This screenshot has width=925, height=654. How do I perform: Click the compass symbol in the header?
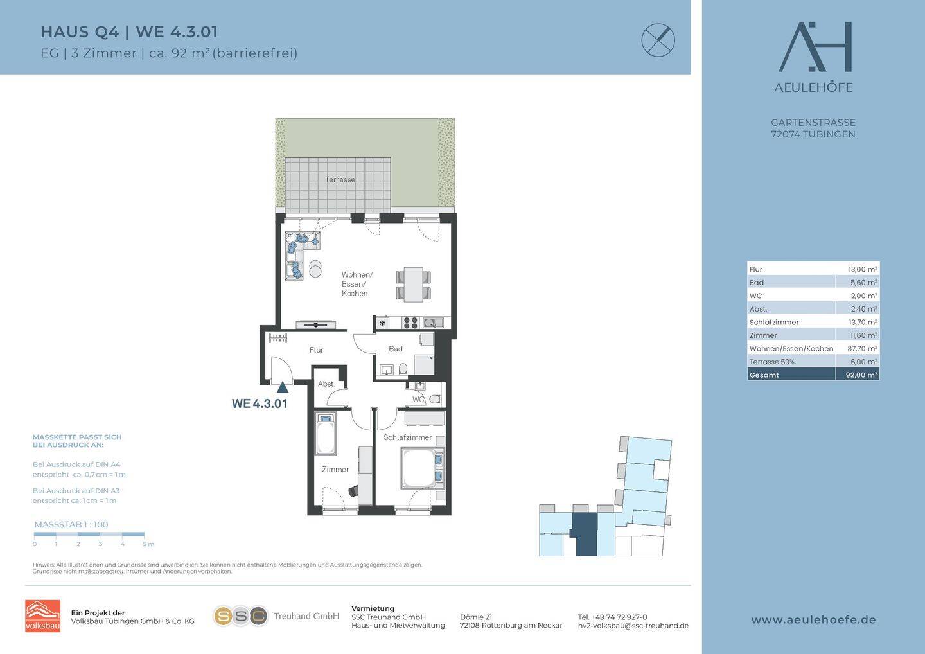pos(658,40)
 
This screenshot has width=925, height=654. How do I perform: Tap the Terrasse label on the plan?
pos(340,179)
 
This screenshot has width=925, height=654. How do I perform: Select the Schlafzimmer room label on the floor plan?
pos(407,437)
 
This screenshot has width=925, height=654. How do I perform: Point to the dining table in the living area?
pos(414,285)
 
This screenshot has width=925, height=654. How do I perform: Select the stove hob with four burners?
pos(410,323)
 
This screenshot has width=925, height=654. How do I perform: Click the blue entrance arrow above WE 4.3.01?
pos(283,387)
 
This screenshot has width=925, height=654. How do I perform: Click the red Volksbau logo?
pos(42,615)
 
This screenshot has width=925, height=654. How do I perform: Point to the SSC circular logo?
pos(240,616)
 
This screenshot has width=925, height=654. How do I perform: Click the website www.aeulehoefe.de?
pos(813,620)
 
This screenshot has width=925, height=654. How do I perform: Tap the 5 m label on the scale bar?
pos(148,544)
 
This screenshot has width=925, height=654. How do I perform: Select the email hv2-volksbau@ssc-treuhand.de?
pos(633,626)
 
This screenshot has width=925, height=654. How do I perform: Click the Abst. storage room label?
pos(326,384)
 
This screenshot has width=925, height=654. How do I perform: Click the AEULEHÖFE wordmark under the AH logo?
pos(813,87)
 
